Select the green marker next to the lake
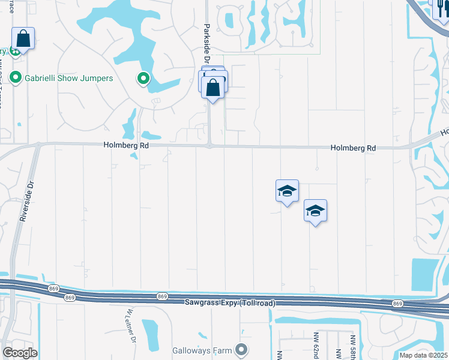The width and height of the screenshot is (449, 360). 143,78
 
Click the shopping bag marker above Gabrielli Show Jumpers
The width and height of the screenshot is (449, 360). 23,39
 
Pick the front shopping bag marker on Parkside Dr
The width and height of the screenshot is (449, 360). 213,88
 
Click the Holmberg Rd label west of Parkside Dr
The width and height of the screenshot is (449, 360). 125,145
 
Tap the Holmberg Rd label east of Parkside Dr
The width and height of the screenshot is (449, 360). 354,148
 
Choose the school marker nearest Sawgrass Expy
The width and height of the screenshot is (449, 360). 315,211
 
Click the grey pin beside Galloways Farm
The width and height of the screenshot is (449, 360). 241,349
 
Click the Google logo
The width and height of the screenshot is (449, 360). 20,353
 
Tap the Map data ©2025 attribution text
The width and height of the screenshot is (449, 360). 423,355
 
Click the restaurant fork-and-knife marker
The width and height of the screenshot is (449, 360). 440,8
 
